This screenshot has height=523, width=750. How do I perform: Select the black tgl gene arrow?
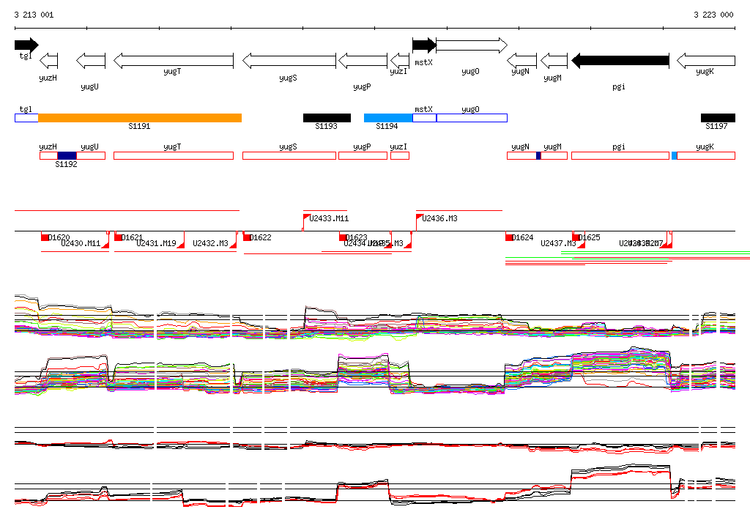pyautogui.click(x=26, y=45)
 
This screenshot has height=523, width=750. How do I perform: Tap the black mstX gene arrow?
pyautogui.click(x=424, y=45)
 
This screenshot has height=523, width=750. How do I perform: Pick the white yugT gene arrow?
pyautogui.click(x=174, y=61)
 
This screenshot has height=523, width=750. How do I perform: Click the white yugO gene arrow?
pyautogui.click(x=471, y=45)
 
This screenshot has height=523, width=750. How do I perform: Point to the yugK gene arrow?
pyautogui.click(x=705, y=61)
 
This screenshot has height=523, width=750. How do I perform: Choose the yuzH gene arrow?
pyautogui.click(x=48, y=61)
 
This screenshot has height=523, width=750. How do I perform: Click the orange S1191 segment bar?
pyautogui.click(x=140, y=118)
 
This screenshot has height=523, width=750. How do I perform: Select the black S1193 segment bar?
pyautogui.click(x=327, y=118)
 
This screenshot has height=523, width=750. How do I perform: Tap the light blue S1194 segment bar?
pyautogui.click(x=388, y=118)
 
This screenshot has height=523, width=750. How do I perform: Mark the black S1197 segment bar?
pyautogui.click(x=718, y=118)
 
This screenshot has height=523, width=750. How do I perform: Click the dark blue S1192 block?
pyautogui.click(x=67, y=155)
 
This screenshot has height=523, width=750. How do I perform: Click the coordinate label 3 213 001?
pyautogui.click(x=34, y=15)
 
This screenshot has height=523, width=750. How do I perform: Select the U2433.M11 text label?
pyautogui.click(x=330, y=218)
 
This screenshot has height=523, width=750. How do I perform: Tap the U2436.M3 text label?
pyautogui.click(x=440, y=218)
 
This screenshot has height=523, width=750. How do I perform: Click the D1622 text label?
pyautogui.click(x=261, y=237)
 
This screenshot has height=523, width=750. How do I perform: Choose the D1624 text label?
pyautogui.click(x=522, y=237)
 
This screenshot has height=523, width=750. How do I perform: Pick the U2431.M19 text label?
pyautogui.click(x=156, y=243)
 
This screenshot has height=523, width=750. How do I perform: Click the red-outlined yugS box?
pyautogui.click(x=289, y=155)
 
